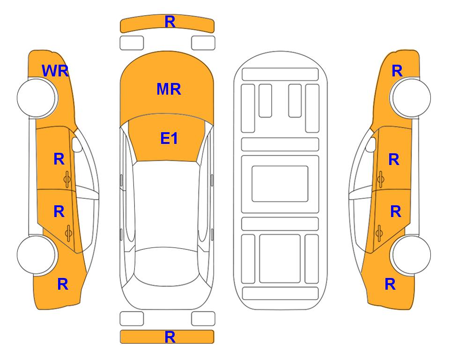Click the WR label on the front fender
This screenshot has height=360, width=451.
click(55, 71)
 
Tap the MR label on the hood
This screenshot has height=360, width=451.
click(169, 89)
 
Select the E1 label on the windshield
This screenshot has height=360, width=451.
click(169, 138)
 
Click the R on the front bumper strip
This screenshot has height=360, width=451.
click(170, 22)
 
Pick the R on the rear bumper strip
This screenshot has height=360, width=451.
click(170, 337)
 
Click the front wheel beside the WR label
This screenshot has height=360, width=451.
click(37, 98)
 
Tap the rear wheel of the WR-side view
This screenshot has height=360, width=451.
click(37, 255)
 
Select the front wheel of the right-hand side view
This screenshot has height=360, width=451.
click(411, 97)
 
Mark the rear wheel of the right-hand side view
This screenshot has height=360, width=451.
click(411, 255)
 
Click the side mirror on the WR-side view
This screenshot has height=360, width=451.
click(77, 144)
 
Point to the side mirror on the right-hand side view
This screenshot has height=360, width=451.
click(371, 144)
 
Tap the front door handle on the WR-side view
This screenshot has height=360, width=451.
click(67, 179)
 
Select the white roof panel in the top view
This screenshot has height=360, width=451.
click(167, 205)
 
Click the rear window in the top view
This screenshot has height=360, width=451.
click(167, 266)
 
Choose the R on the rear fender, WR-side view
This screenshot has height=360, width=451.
click(63, 284)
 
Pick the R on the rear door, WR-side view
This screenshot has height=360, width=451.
click(59, 212)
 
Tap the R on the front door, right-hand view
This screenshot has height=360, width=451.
click(394, 159)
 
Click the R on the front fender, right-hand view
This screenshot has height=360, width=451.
click(397, 71)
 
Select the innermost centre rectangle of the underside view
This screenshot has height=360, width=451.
click(280, 184)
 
